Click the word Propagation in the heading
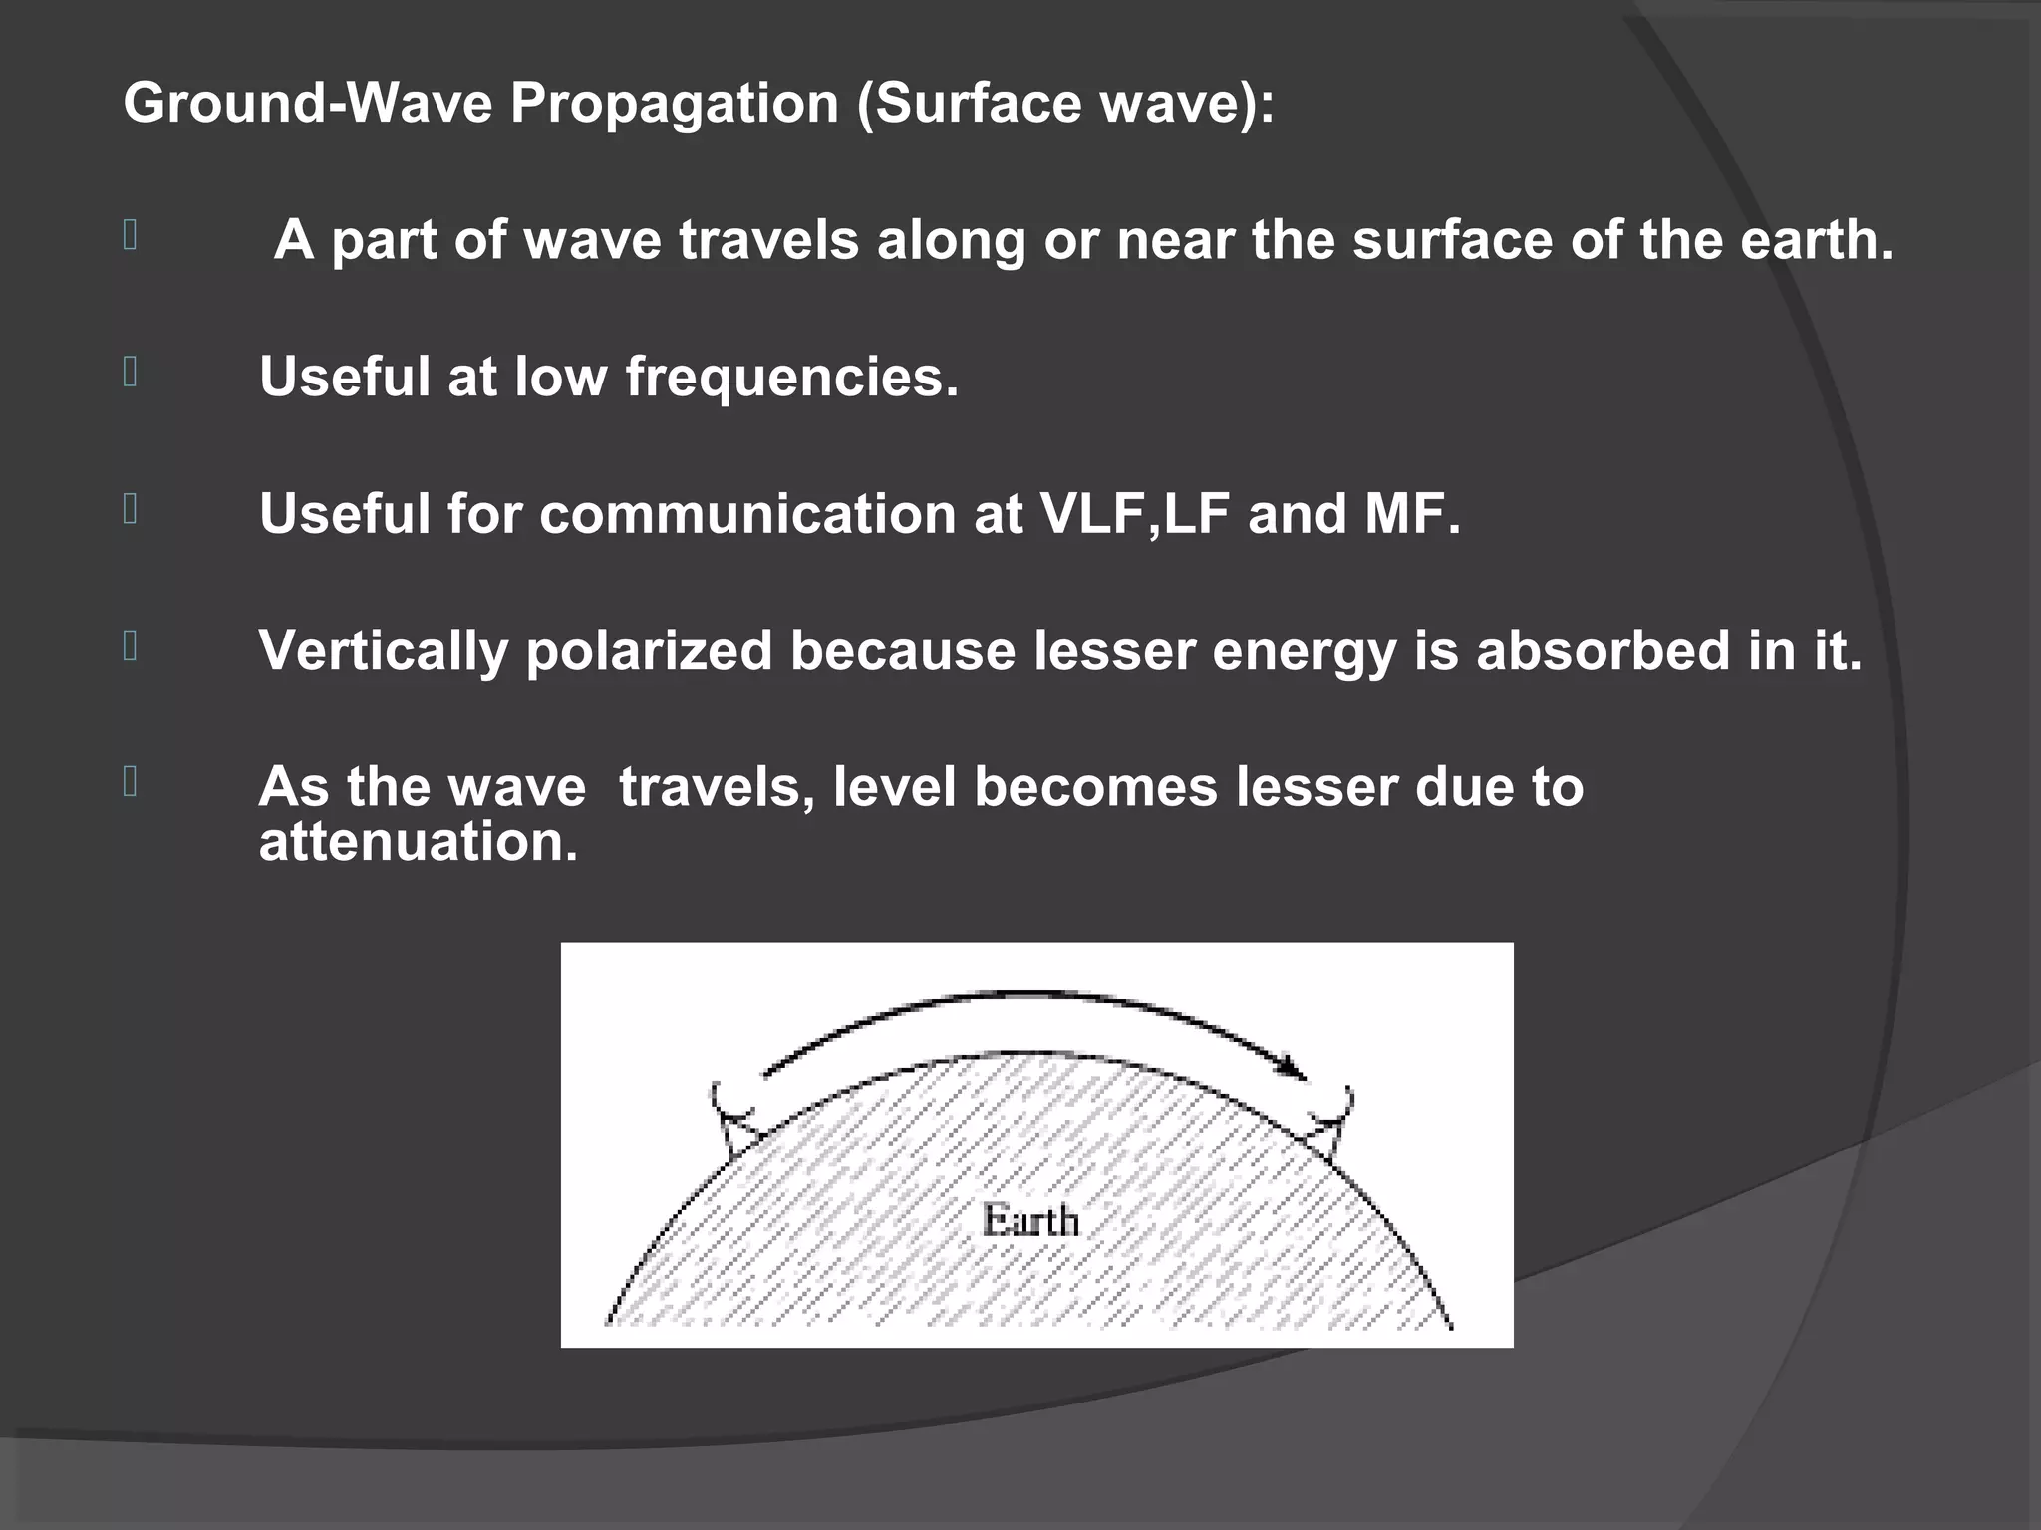coord(675,104)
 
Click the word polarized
coord(649,652)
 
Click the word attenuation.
coord(419,842)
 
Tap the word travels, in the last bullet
coord(718,787)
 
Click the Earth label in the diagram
coord(1030,1220)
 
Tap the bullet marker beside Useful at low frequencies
coord(130,373)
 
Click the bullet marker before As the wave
coord(130,782)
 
